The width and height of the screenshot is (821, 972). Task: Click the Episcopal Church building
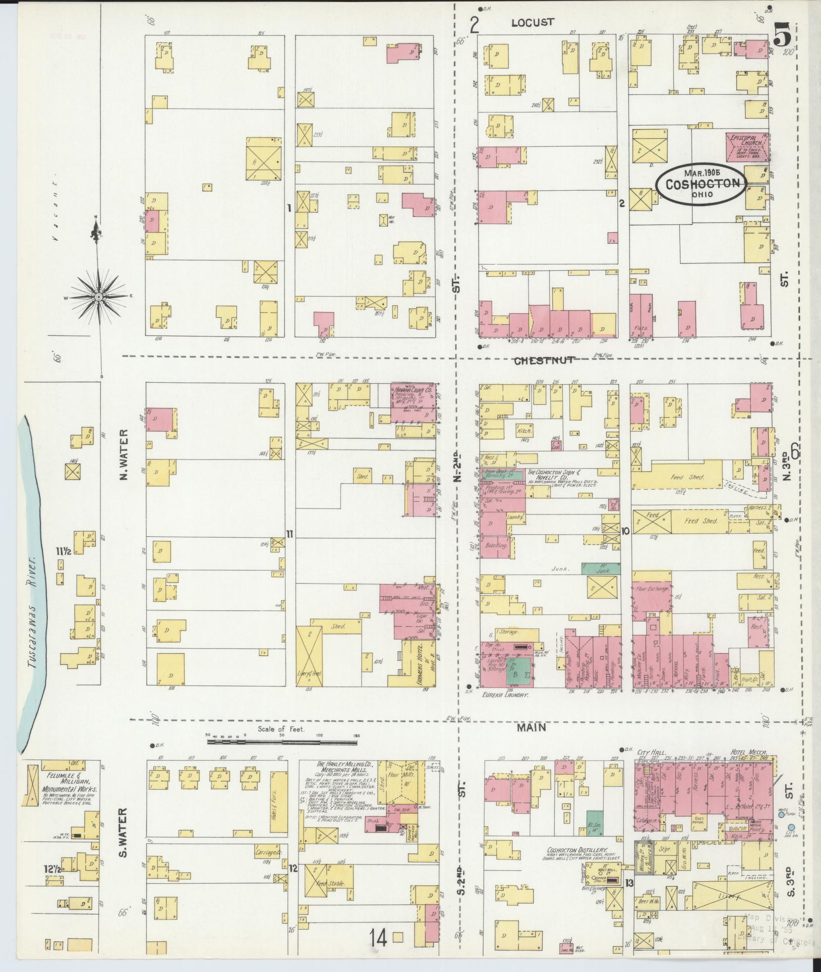747,147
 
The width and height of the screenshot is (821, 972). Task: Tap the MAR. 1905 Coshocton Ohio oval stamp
701,184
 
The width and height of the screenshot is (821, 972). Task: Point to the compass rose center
99,297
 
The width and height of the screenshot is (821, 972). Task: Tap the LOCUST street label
533,22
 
